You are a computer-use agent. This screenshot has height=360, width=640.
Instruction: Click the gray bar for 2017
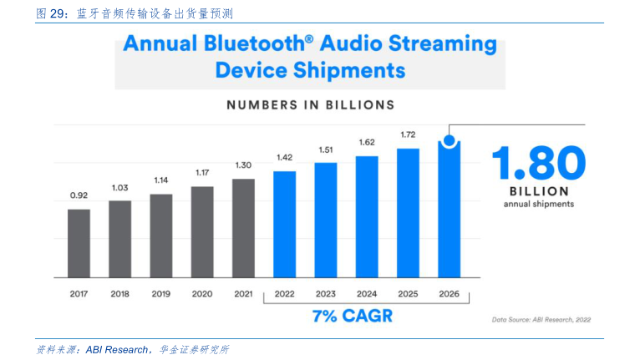tap(79, 242)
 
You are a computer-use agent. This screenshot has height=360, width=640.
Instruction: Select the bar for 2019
tap(161, 235)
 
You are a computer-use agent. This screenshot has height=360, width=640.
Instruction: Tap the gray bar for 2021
tap(243, 227)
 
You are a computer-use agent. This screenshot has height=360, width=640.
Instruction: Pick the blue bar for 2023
tap(326, 219)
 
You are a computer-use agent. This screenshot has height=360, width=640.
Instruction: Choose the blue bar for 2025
tap(408, 212)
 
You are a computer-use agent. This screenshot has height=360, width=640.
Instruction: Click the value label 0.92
tap(79, 195)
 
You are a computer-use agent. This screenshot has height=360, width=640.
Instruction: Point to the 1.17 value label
tap(202, 173)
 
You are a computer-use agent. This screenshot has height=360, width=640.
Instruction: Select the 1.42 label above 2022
tap(285, 157)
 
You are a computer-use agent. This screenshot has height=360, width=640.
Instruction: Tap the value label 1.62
tap(367, 142)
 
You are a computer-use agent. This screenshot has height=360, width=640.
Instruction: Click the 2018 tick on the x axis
tap(119, 293)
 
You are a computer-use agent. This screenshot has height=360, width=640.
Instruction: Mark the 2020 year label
tap(202, 293)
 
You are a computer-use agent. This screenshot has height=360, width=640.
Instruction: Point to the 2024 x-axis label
tap(367, 293)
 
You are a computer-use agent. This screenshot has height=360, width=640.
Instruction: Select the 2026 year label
tap(449, 293)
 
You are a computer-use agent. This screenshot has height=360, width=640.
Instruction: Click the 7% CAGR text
tap(352, 317)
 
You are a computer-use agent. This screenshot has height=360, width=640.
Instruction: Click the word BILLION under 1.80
tap(538, 190)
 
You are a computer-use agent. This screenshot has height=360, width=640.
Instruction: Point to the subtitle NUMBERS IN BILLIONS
tap(310, 106)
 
